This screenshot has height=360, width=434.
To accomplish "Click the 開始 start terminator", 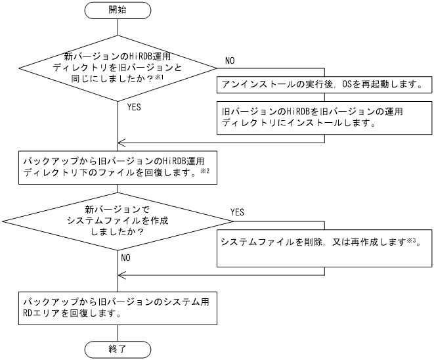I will tap(118, 11).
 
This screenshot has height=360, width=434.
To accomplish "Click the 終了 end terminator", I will tap(118, 348).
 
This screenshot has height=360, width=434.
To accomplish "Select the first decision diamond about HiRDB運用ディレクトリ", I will tap(118, 68).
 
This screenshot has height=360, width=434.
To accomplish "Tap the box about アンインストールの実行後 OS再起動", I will tap(324, 85).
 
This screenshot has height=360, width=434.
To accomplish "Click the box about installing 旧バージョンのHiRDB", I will tap(324, 117).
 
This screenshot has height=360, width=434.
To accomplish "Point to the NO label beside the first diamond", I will tap(230, 60).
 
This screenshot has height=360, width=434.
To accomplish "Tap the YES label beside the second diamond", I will tap(238, 213).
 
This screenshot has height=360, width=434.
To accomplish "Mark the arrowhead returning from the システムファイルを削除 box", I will tap(121, 276).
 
